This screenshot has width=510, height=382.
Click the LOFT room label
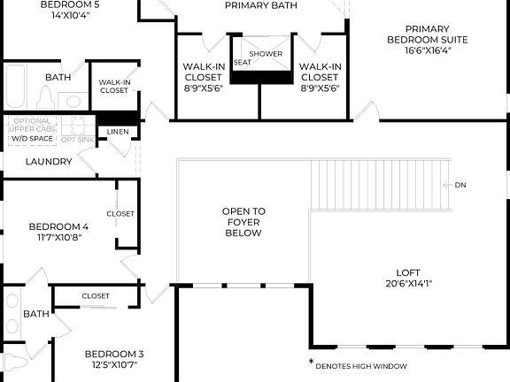coord(408,272)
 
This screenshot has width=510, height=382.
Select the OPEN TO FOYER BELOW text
coord(243,223)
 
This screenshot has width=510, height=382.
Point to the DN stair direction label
coord(460,185)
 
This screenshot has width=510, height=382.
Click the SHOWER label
coord(266,54)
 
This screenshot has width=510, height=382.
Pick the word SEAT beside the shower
coord(242,63)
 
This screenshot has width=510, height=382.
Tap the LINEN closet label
coord(118,132)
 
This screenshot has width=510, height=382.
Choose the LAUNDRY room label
coord(48,162)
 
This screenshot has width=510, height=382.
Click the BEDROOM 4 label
coord(58,225)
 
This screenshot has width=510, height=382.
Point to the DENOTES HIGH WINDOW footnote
coord(361,366)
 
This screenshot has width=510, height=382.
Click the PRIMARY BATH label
coord(260,5)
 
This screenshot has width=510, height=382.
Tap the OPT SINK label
coord(77,139)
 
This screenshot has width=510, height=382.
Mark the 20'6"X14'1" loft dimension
coord(408,284)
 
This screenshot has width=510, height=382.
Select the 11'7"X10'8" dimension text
coord(59,237)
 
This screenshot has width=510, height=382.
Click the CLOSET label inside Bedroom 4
coord(120,213)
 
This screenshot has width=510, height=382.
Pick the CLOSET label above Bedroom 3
coord(96,296)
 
